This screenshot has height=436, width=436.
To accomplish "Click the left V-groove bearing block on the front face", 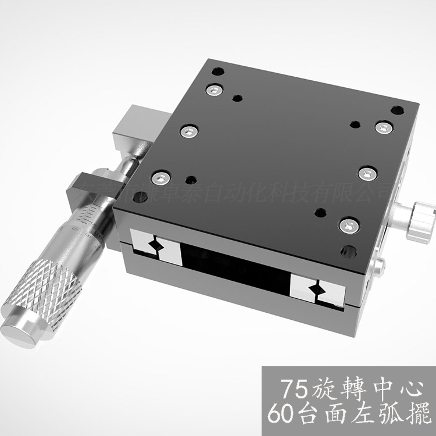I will tap(156, 245).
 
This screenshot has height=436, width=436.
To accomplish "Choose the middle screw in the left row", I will tap(188, 131).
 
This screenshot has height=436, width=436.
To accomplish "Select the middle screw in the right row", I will tap(366, 173).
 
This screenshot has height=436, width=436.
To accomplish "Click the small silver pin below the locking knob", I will tap(379, 267).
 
